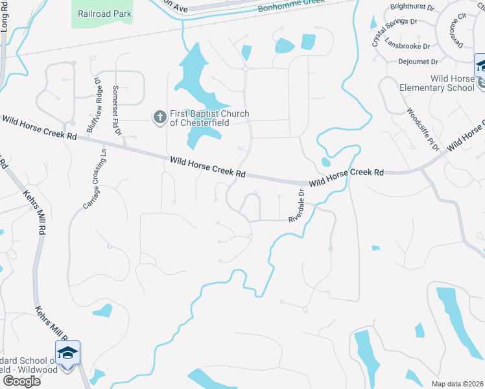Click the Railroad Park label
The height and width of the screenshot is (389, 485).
[104, 14]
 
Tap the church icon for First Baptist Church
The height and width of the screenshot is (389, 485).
[160, 117]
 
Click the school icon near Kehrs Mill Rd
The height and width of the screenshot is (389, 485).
[67, 353]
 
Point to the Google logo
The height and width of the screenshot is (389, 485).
[21, 381]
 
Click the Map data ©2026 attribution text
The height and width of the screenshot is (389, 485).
[457, 384]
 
